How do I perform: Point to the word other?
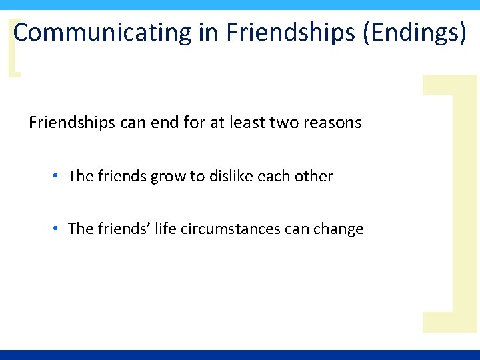click(x=314, y=176)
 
